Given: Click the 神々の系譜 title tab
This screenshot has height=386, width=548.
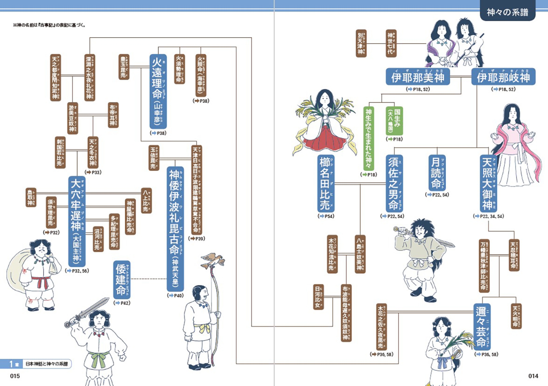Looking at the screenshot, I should pos(507,12).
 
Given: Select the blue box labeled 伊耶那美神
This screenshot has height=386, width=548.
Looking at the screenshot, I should pos(418,77).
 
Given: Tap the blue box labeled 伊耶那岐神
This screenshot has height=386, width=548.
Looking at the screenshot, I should pos(503,77).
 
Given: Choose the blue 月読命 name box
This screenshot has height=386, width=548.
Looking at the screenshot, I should pos(437,173).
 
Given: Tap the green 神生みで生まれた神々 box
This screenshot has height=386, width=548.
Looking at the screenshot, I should pos(369,138).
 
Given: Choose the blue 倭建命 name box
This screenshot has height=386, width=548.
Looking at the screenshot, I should pos(122,280).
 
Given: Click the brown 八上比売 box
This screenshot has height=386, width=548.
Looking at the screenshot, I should pos(146,200).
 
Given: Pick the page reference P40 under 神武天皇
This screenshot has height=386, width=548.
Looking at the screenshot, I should pos(176,296).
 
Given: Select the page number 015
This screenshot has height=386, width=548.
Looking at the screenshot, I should pos(15,376).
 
